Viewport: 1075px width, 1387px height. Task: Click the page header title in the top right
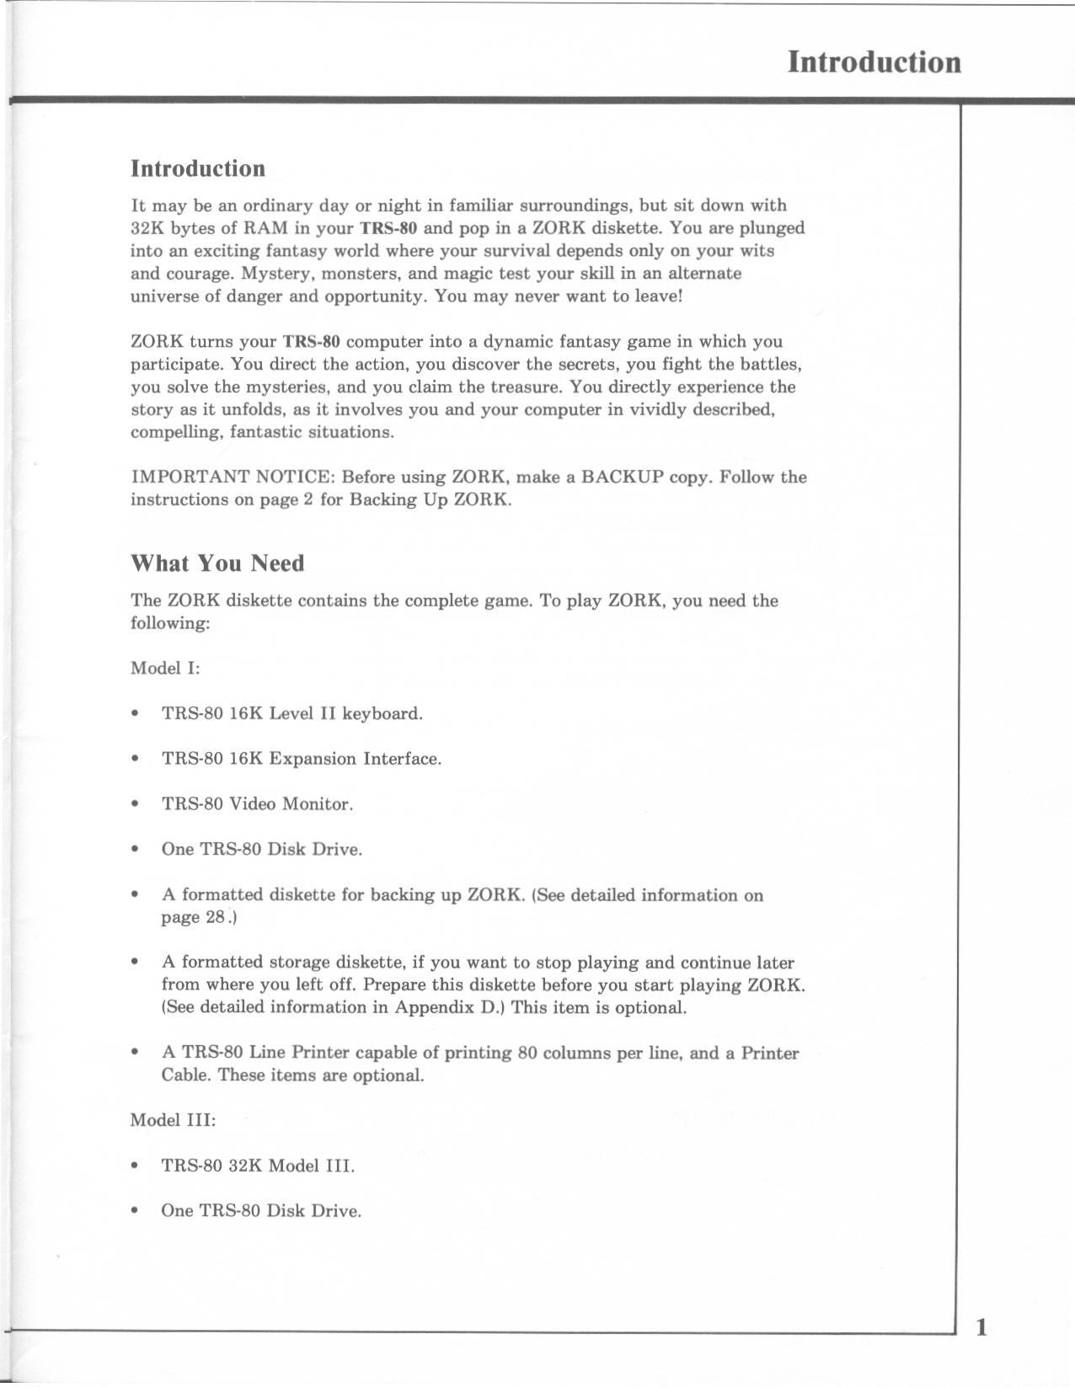click(x=874, y=62)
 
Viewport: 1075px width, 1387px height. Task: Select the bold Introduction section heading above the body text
click(x=198, y=168)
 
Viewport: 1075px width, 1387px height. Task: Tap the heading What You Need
click(x=217, y=563)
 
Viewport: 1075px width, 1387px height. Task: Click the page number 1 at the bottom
click(x=981, y=1328)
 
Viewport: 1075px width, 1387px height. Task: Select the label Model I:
click(x=165, y=669)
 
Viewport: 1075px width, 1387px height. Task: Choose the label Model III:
click(x=173, y=1121)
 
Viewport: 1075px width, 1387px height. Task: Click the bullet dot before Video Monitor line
click(x=135, y=804)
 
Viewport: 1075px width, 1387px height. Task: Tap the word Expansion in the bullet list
click(x=313, y=759)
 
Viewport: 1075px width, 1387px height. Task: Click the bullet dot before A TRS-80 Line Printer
click(x=135, y=1053)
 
